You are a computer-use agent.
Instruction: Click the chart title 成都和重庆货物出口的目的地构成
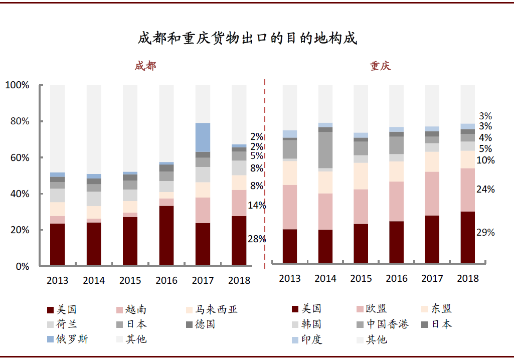247,38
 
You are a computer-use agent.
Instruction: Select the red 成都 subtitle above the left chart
145,66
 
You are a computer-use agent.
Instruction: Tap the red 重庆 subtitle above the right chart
381,66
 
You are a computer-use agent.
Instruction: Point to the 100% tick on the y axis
18,85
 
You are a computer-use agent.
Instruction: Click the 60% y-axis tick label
18,157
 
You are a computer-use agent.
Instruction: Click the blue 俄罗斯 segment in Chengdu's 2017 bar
203,137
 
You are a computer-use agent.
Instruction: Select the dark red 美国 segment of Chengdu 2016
166,235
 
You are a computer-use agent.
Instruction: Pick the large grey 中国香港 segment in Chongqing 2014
325,150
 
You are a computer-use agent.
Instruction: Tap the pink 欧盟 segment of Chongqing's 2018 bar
467,190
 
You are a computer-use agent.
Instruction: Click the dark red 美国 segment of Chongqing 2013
290,246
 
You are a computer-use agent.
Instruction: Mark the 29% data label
485,232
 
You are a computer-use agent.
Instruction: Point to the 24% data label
485,189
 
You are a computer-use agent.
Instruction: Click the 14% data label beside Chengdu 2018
257,205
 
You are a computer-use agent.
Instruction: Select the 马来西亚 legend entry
211,309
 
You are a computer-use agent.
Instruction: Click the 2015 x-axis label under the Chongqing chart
361,278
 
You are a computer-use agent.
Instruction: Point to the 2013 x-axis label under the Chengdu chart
57,280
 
